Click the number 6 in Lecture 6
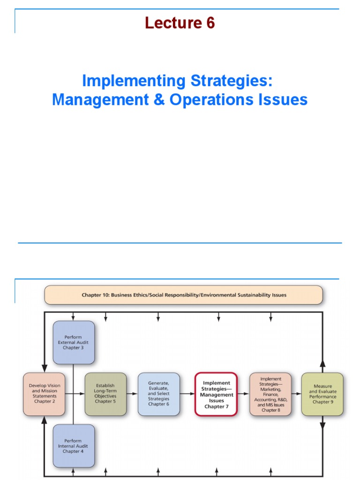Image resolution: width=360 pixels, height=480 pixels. point(210,23)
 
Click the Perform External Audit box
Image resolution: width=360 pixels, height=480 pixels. point(74,342)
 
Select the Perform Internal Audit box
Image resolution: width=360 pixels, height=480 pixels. point(74,446)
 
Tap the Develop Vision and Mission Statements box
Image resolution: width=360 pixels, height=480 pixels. point(44,394)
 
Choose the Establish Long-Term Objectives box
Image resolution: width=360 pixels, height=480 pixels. point(105,394)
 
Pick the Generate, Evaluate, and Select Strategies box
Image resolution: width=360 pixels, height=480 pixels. point(158,394)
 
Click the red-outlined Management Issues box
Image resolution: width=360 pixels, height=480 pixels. point(216,394)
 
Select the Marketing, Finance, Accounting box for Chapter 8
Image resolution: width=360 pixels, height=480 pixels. point(270,394)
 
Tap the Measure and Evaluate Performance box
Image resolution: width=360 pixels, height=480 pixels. point(322,394)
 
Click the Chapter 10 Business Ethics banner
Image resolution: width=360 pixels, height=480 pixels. point(183,295)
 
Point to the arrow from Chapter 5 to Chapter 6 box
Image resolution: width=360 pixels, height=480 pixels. point(132,394)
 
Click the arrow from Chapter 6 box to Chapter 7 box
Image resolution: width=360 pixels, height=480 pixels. point(187,394)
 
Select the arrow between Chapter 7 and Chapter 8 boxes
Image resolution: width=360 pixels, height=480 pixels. point(243,394)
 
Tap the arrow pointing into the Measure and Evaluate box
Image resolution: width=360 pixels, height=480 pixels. point(296,394)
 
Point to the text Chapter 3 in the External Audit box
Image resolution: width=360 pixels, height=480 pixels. point(74,348)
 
